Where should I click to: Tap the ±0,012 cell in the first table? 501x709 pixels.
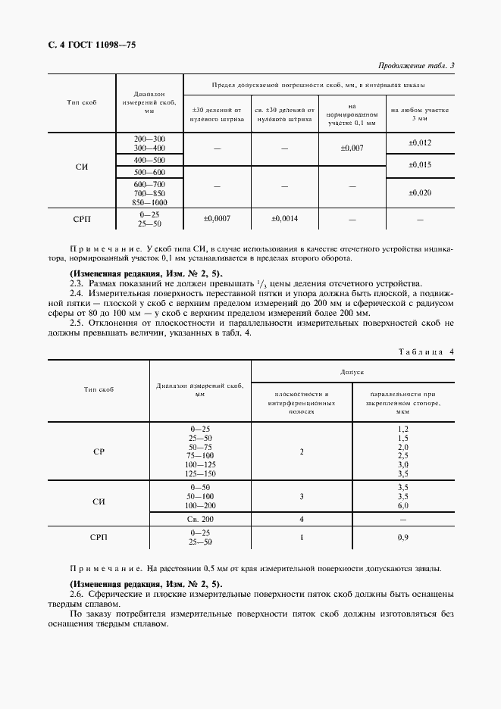coord(420,142)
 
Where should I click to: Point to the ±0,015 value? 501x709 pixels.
coord(420,165)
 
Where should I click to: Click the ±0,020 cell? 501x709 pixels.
coord(420,193)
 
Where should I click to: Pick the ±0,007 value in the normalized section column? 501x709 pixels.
coord(352,148)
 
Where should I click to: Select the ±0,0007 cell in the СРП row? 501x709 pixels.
coord(217,219)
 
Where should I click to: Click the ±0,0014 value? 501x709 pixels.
coord(284,219)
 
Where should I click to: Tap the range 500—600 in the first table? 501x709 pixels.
coord(149,172)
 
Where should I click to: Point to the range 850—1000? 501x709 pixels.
coord(149,202)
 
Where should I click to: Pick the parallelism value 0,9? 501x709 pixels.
coord(403,537)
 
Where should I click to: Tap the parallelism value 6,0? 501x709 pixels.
coord(403,504)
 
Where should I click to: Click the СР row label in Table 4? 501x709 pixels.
coord(99,451)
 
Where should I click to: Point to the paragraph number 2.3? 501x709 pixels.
coord(77,282)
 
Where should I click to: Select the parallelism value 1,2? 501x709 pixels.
coord(403,429)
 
